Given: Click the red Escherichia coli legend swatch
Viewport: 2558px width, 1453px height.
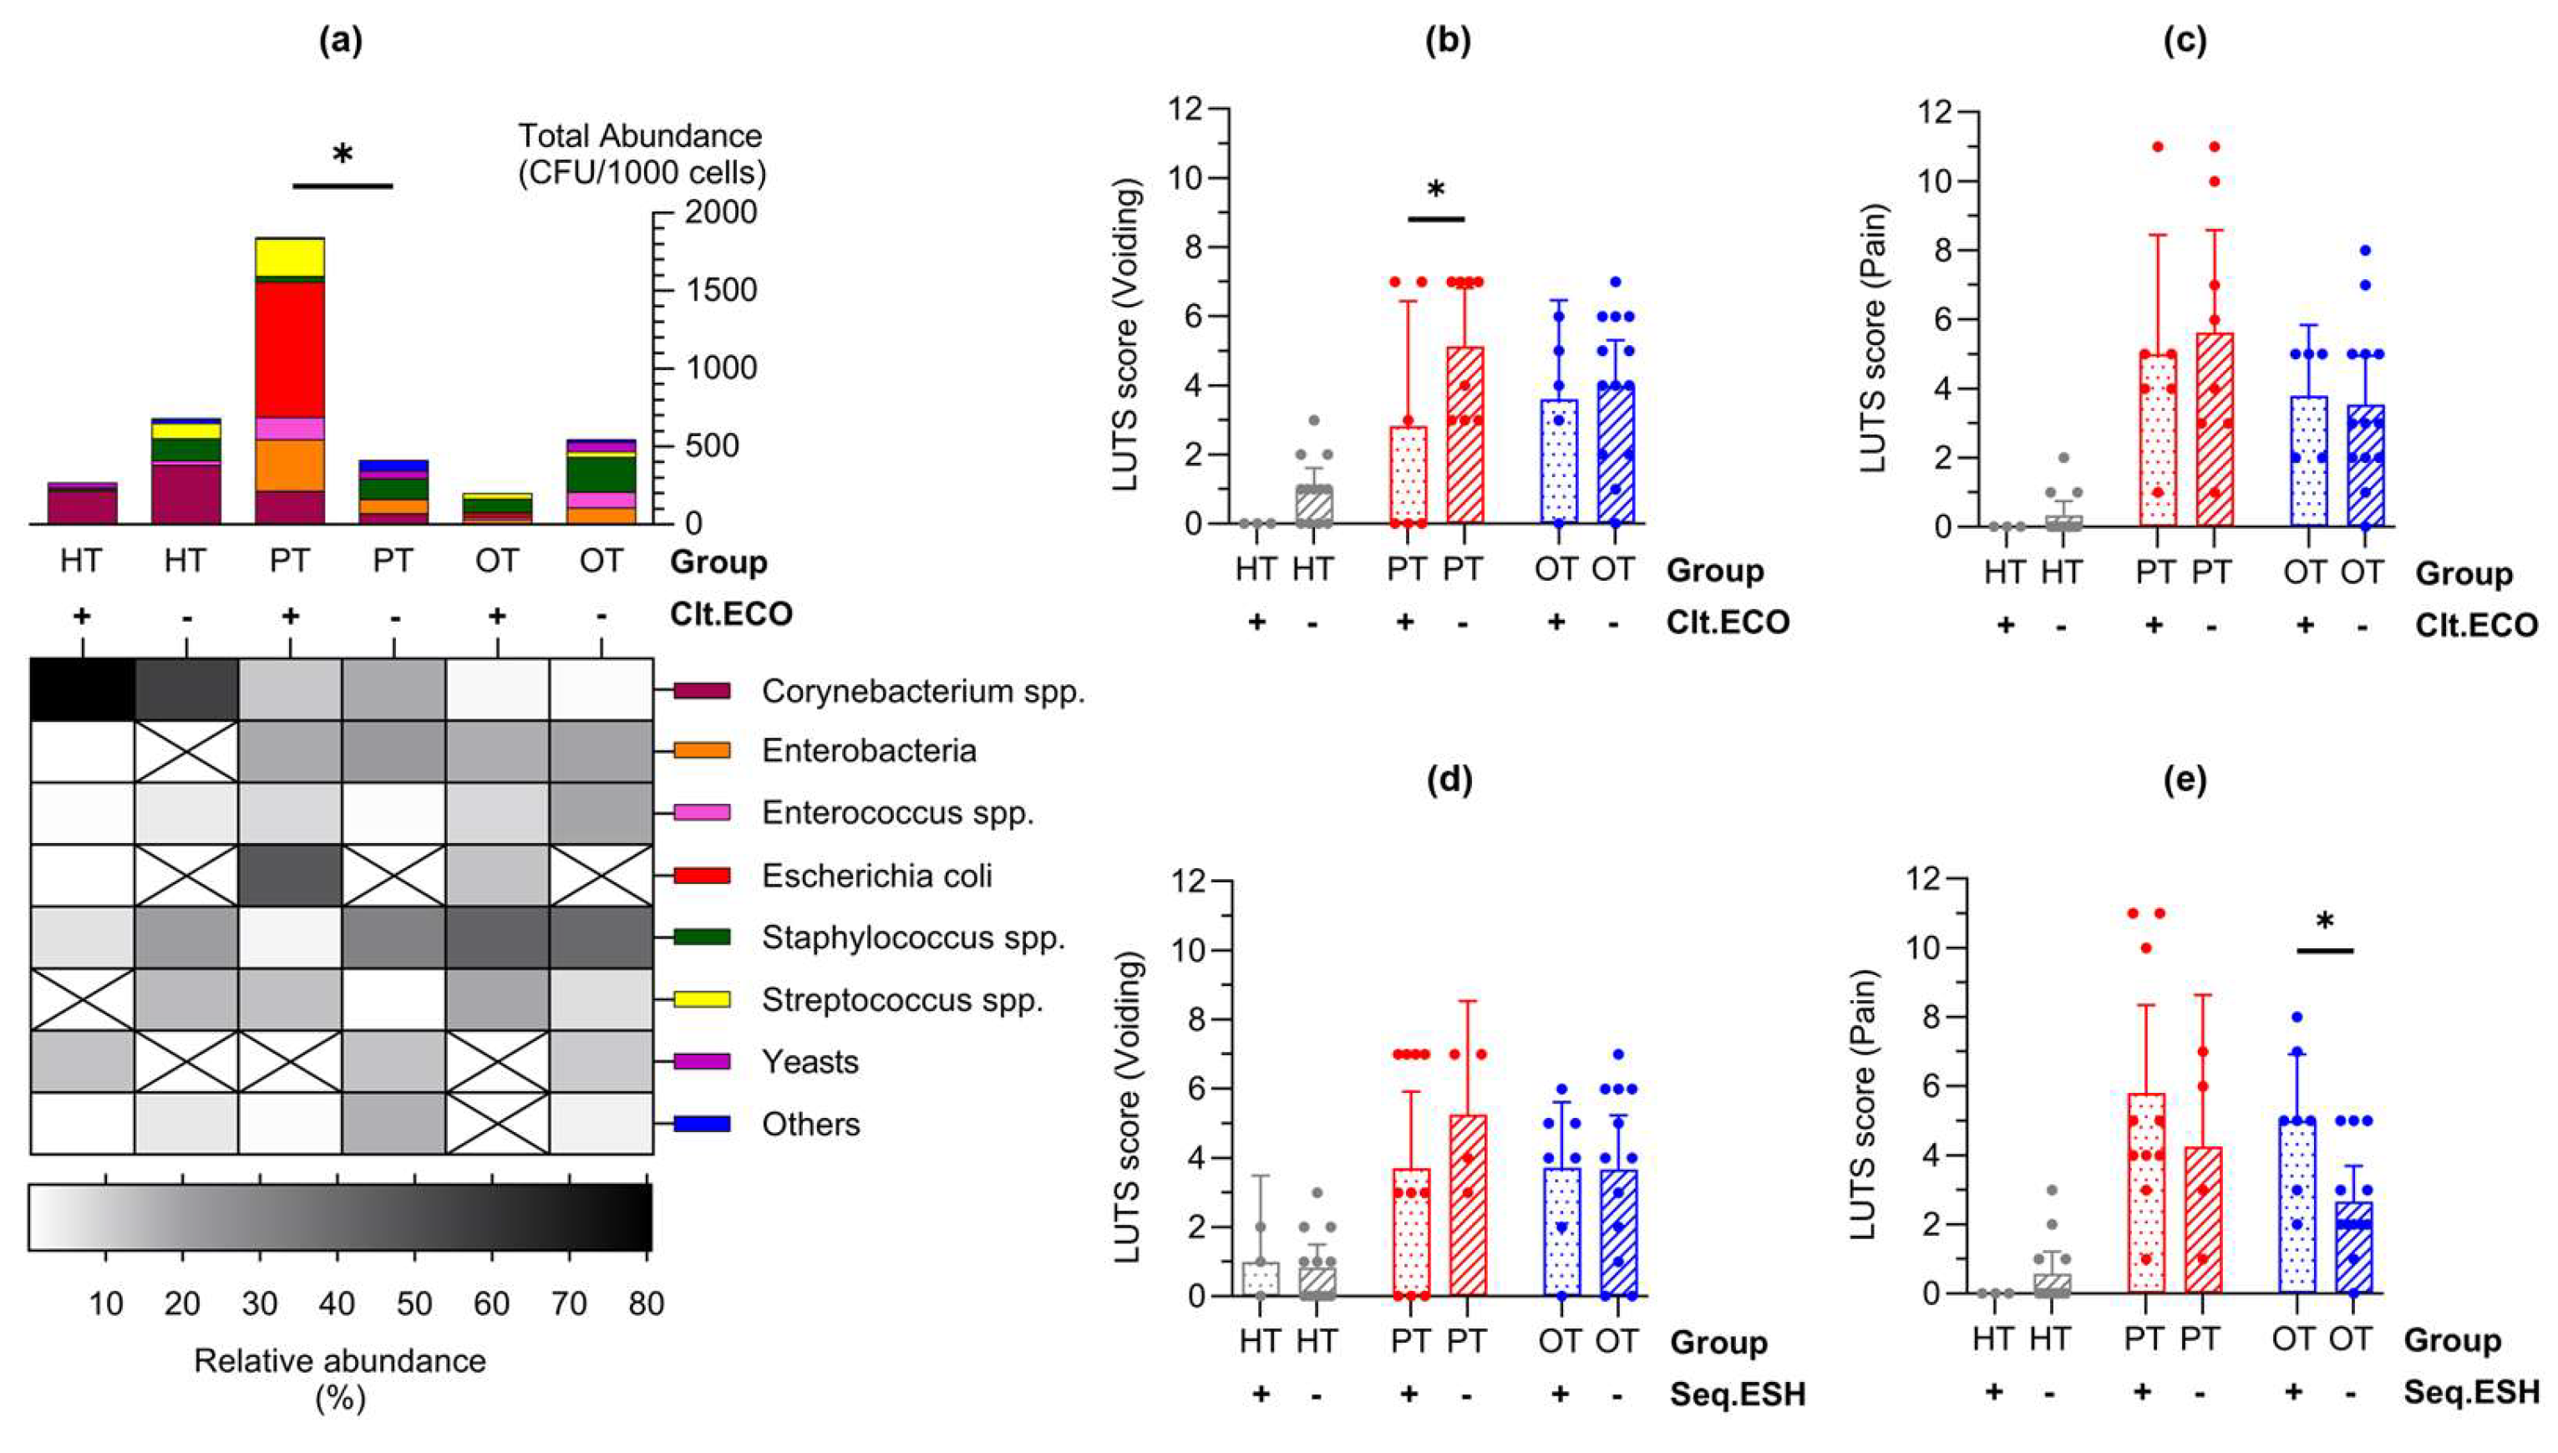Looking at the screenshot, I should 702,875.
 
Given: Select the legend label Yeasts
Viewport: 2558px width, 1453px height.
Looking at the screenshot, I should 810,1061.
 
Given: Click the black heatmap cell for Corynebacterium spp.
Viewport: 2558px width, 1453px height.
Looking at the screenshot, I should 82,689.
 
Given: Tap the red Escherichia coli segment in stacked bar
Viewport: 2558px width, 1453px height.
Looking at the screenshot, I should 289,349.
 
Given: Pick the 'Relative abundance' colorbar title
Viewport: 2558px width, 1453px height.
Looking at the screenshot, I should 339,1361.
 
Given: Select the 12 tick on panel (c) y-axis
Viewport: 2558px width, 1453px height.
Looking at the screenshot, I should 1946,112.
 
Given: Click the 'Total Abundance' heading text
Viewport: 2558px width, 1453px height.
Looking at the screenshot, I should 640,135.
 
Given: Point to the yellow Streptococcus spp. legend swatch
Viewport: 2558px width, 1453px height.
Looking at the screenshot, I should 702,999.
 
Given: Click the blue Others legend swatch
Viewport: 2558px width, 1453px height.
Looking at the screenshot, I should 702,1124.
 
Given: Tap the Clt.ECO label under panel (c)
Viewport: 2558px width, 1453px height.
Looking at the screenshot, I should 2476,626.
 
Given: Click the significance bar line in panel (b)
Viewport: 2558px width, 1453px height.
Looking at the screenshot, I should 1435,219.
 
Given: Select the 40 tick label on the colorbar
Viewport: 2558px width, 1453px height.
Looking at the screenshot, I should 338,1303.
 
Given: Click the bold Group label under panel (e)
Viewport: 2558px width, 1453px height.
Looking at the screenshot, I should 2451,1339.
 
